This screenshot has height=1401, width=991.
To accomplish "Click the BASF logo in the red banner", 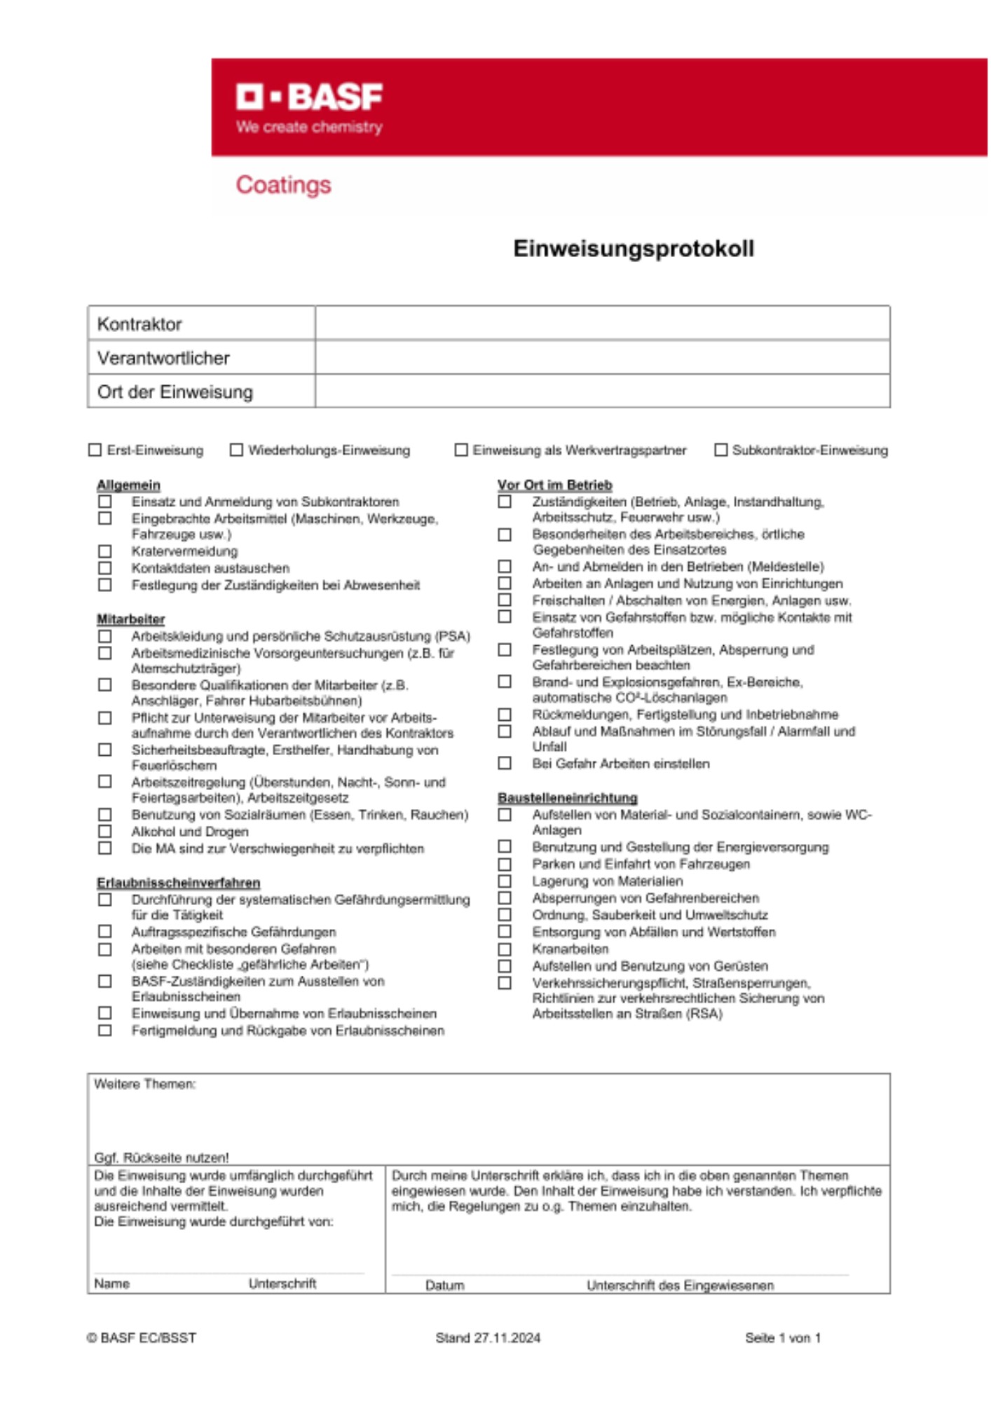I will [x=309, y=97].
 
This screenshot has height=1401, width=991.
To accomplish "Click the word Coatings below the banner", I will [x=283, y=185].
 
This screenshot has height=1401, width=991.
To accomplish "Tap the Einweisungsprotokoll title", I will [x=634, y=249].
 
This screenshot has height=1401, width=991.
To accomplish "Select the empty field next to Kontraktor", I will [x=602, y=324].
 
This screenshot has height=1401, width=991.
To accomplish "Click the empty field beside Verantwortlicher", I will [x=602, y=357].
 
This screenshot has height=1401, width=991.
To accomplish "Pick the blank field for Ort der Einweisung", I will [x=602, y=391].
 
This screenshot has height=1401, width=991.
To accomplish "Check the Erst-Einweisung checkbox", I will [x=95, y=450].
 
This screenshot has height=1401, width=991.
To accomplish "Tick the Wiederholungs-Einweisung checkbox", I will [x=236, y=450].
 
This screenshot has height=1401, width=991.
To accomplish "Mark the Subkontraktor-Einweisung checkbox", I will [x=720, y=450].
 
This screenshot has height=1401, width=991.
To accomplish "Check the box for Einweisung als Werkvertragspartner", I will [x=461, y=450].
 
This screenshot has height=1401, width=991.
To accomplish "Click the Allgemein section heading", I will [x=128, y=485].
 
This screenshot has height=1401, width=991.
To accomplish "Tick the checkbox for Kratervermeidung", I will [x=105, y=551].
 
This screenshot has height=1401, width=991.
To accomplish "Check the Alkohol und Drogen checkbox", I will [x=105, y=831].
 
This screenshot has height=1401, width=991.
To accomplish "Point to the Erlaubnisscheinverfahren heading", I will [x=178, y=883].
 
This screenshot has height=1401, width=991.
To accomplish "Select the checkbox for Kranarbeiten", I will [x=505, y=949].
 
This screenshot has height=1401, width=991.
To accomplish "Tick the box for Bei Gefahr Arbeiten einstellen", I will [x=505, y=764].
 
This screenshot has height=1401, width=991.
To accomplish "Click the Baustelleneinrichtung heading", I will [x=568, y=798].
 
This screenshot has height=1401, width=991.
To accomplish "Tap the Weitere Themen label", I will [x=145, y=1084].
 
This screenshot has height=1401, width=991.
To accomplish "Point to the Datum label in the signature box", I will [x=444, y=1285].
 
